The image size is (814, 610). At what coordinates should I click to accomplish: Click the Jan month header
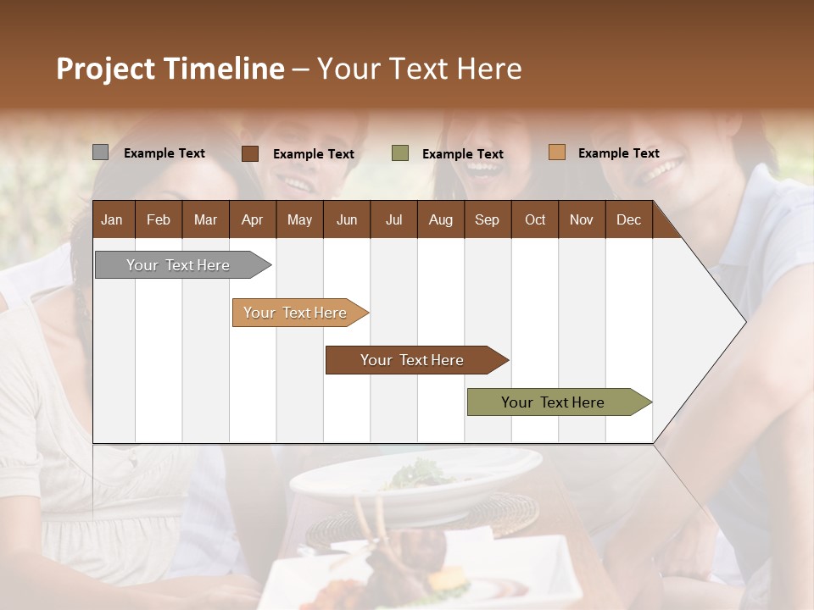112,219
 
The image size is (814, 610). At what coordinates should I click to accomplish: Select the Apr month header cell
252,219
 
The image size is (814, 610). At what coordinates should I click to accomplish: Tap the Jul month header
393,219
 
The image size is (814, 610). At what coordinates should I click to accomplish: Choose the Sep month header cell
487,219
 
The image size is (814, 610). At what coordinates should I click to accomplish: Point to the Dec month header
628,219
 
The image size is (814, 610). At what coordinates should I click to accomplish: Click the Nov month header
581,219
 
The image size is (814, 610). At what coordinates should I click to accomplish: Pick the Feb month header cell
159,219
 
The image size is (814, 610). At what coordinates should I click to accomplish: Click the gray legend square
100,152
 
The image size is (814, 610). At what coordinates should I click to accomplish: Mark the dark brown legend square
250,153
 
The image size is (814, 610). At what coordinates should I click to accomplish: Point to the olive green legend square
400,153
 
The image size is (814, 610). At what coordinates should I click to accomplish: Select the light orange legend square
556,152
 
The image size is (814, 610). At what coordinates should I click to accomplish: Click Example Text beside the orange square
618,153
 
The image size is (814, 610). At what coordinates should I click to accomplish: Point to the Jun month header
346,219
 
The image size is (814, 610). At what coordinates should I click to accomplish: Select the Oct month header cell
535,219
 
